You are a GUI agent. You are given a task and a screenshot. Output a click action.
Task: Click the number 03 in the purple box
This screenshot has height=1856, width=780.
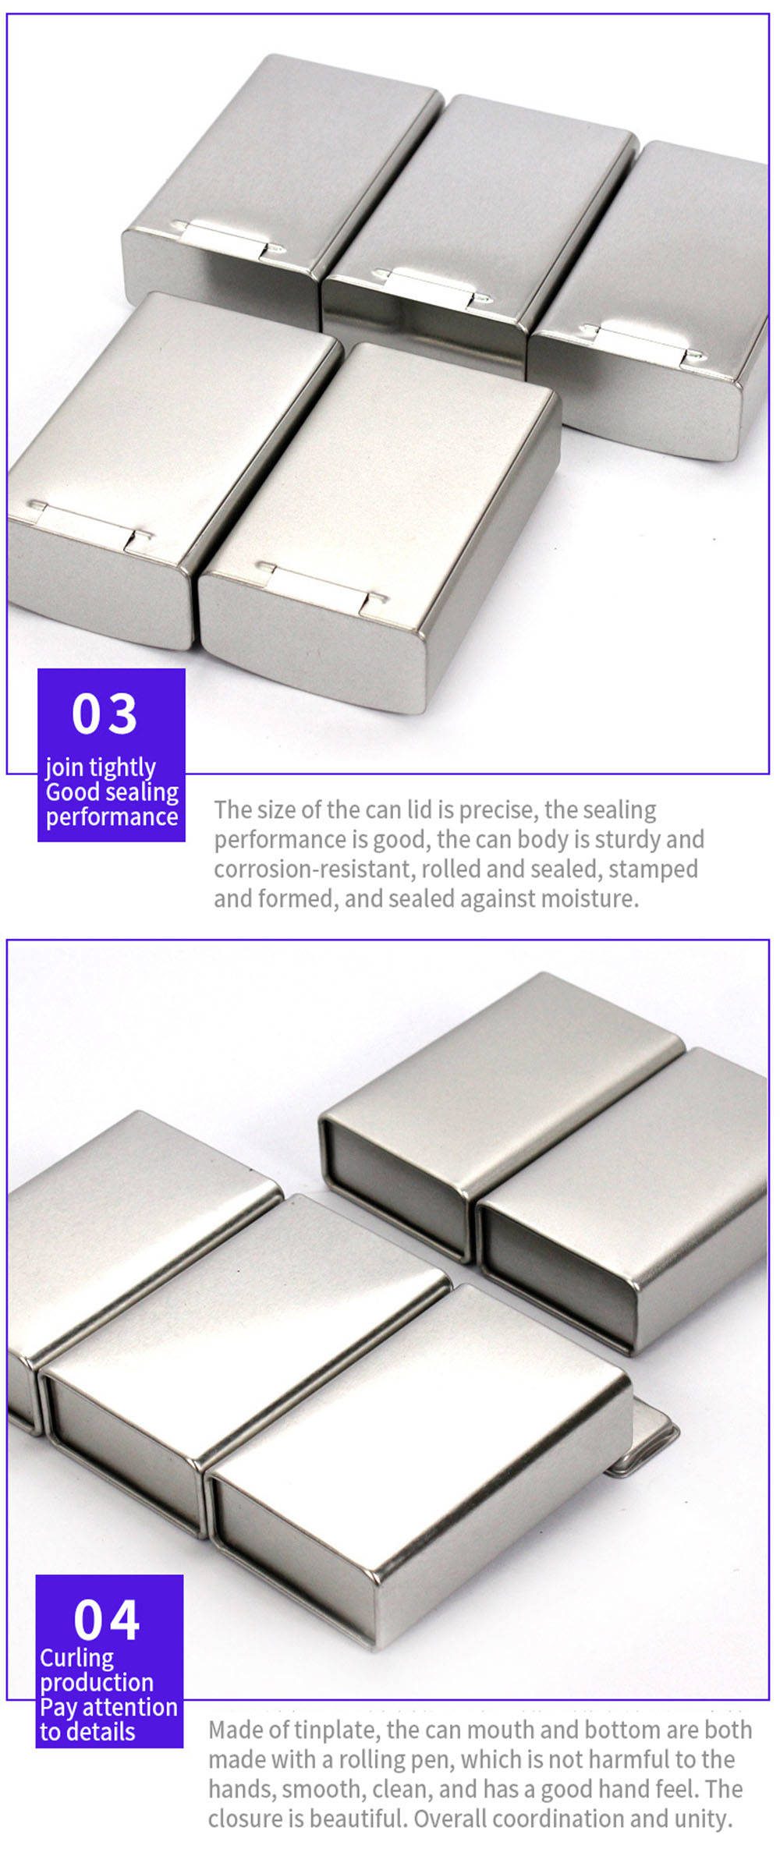[105, 714]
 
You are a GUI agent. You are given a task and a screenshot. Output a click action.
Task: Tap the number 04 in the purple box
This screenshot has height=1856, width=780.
[106, 1620]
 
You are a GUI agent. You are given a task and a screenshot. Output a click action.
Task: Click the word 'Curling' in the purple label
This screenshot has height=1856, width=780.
[76, 1659]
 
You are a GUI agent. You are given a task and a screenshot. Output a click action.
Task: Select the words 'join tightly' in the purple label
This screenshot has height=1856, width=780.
[101, 768]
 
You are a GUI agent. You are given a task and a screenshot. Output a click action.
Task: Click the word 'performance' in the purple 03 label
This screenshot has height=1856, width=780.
[112, 816]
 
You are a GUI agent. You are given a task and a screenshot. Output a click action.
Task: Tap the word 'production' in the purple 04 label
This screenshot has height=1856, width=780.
[97, 1683]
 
